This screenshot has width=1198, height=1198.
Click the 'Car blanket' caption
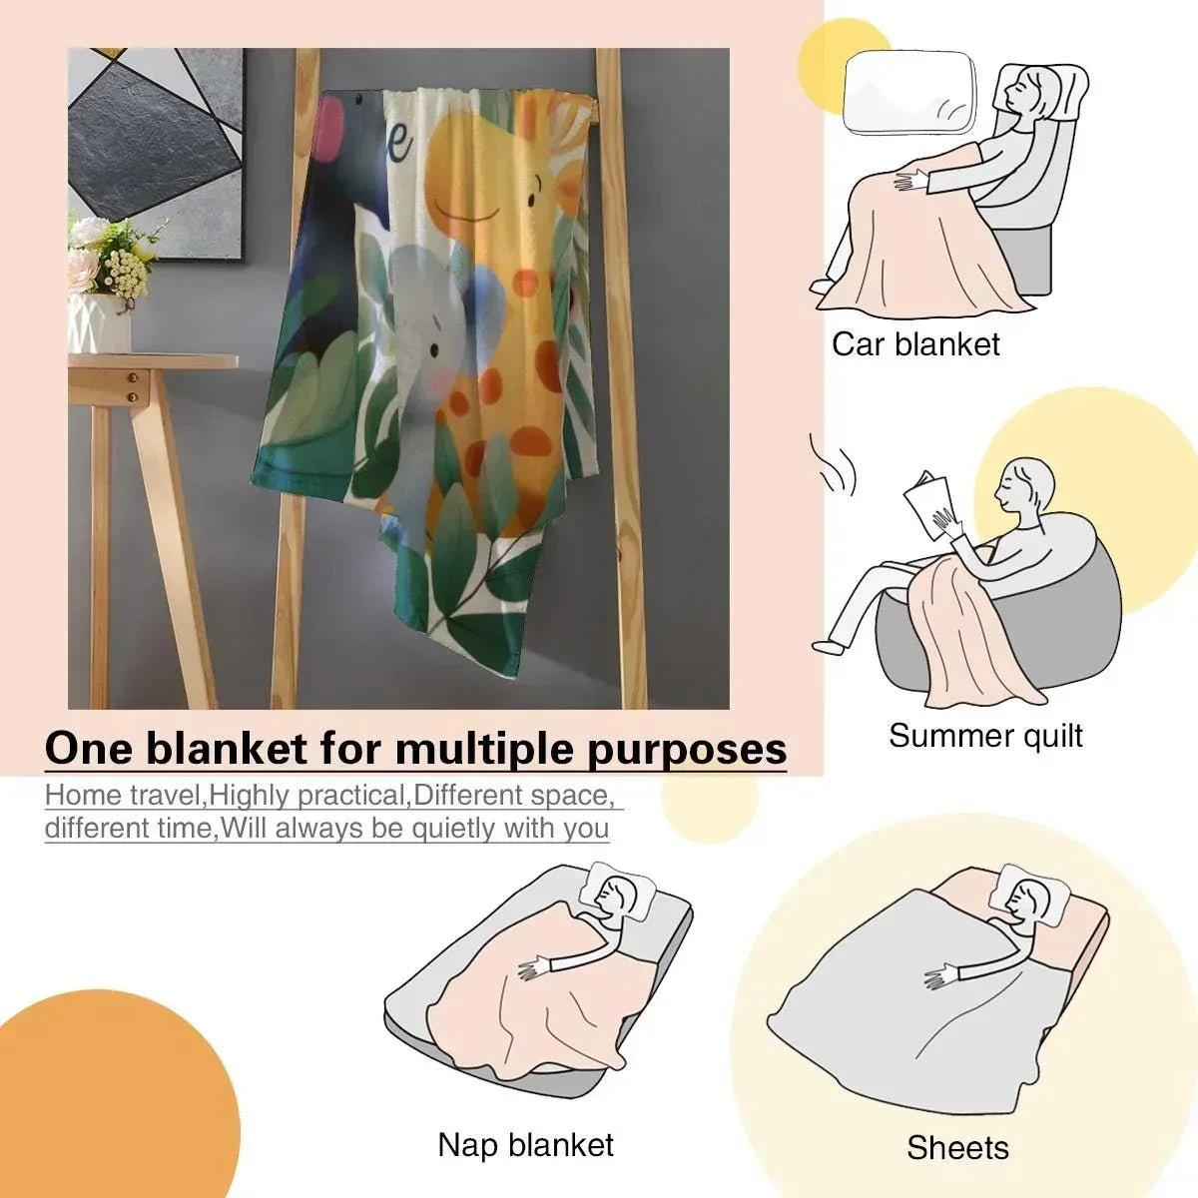coord(915,345)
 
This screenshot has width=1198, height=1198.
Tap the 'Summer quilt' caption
coord(985,736)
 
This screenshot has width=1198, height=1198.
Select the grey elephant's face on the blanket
coord(429,348)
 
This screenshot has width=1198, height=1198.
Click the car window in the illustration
coord(908,93)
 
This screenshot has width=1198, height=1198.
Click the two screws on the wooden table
coord(133,386)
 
